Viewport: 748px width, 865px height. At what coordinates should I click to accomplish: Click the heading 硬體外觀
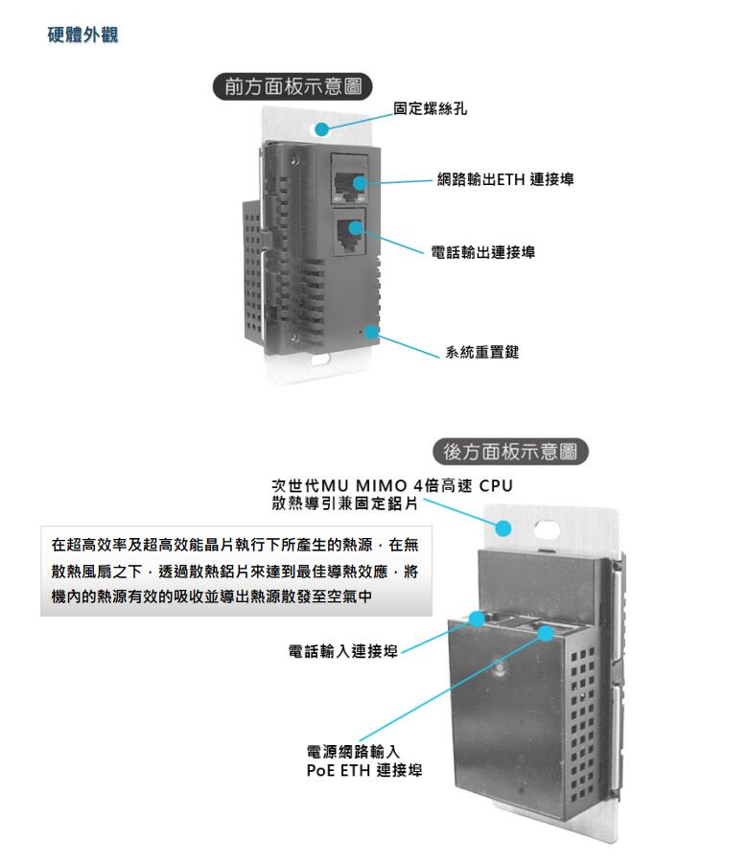(83, 36)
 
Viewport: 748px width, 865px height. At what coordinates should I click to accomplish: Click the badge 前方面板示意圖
(292, 87)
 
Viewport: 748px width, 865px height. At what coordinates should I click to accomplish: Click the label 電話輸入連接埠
(343, 652)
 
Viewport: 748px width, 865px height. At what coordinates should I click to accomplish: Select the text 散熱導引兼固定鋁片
(343, 504)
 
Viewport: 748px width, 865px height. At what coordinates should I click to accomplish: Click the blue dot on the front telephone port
(355, 229)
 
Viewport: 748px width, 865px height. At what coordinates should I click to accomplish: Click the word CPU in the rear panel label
(496, 486)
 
